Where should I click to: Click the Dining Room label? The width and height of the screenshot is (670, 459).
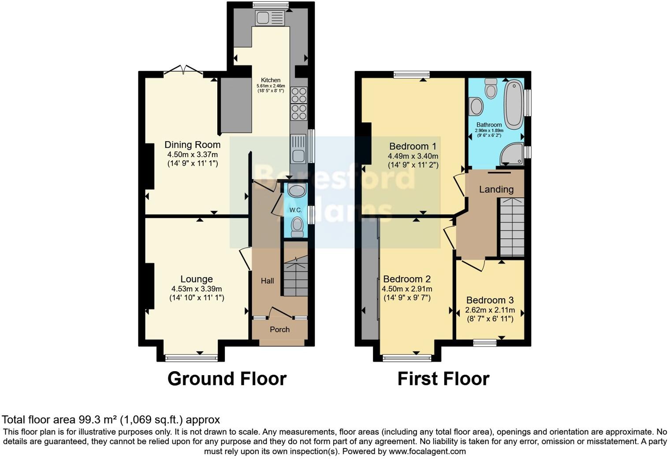click(x=192, y=145)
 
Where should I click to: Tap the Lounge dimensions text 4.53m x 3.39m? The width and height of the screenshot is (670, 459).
click(x=197, y=289)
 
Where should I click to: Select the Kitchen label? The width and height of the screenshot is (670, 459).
click(x=271, y=80)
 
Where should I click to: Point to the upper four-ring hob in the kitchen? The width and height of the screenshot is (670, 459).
click(x=299, y=95)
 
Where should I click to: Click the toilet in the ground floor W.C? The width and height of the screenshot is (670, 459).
click(x=298, y=226)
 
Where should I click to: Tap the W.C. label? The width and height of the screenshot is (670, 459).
click(x=295, y=210)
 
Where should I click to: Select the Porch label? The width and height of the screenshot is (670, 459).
click(x=279, y=329)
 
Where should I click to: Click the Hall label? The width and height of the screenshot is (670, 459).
click(x=267, y=281)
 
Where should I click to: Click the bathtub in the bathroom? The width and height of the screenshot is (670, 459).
click(x=513, y=104)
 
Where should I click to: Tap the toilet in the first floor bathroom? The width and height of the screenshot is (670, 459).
click(x=490, y=89)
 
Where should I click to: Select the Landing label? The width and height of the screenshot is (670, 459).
click(x=496, y=189)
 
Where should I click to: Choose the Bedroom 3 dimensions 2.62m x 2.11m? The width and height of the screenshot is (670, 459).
click(x=490, y=310)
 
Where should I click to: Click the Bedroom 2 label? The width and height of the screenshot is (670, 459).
click(x=406, y=279)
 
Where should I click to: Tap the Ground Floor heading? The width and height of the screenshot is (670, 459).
click(x=227, y=379)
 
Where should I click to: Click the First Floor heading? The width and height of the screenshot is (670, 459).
click(x=443, y=379)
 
